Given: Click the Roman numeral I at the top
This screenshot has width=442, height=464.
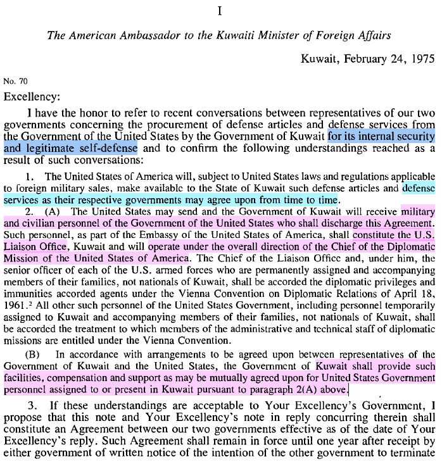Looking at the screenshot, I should pos(220,11).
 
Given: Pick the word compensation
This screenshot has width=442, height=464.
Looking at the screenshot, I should pos(68,378).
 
